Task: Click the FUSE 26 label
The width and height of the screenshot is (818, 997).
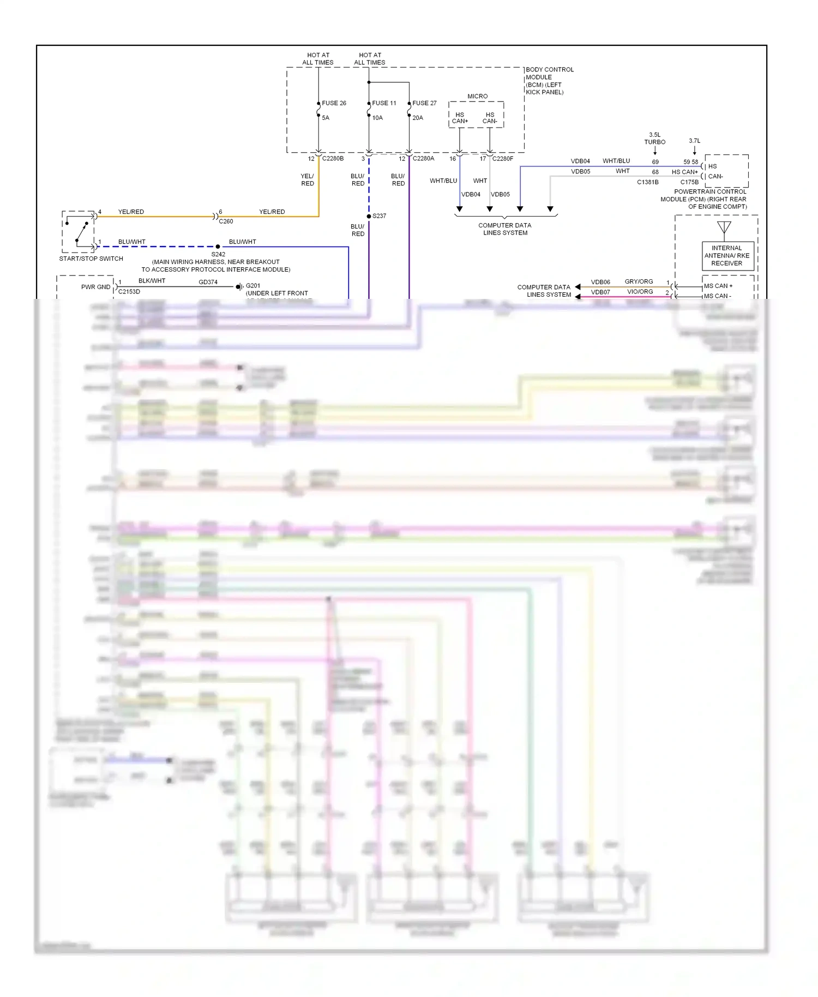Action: (x=334, y=103)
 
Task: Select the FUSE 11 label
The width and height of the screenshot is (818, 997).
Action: (x=384, y=103)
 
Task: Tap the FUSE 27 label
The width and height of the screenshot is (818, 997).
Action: (x=424, y=103)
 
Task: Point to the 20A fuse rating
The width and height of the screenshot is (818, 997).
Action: (x=418, y=118)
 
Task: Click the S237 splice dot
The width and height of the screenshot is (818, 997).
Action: (x=369, y=217)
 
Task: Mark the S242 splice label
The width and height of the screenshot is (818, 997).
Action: (x=218, y=254)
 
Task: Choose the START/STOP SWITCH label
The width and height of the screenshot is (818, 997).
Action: (x=91, y=259)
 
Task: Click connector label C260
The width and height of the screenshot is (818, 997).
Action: (x=226, y=221)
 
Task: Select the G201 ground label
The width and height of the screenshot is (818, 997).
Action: (x=253, y=286)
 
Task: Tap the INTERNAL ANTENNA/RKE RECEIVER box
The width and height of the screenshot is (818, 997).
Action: (x=726, y=256)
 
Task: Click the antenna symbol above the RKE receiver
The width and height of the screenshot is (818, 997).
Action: (x=724, y=227)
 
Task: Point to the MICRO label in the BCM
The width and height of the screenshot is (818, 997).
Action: (x=477, y=97)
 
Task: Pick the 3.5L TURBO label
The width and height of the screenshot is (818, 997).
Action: (x=654, y=139)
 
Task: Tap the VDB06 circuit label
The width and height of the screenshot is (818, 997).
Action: (x=600, y=282)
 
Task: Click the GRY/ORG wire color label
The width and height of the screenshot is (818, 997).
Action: (x=639, y=282)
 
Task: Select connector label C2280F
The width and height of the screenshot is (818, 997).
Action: (x=502, y=159)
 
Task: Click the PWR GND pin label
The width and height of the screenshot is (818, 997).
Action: (x=95, y=287)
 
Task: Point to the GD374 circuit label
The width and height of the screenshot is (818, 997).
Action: (x=208, y=282)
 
